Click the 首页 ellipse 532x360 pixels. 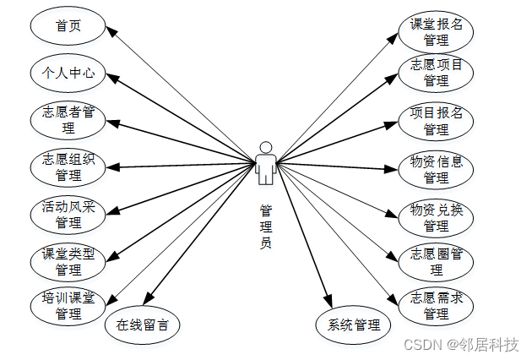click(68, 26)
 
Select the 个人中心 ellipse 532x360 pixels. click(68, 74)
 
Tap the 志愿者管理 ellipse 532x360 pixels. click(68, 120)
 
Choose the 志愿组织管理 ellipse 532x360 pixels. click(68, 167)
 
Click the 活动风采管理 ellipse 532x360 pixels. click(68, 215)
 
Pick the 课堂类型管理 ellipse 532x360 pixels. click(68, 261)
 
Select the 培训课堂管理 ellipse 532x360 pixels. click(68, 307)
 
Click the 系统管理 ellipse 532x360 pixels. click(354, 325)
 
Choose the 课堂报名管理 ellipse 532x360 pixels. click(436, 32)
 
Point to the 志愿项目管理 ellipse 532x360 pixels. click(436, 73)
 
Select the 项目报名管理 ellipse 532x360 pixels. click(436, 121)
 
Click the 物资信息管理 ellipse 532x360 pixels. click(436, 169)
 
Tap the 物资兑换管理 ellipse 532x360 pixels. click(436, 216)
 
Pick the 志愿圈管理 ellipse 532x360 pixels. click(436, 261)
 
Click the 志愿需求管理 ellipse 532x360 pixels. click(436, 306)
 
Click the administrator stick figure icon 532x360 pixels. click(266, 162)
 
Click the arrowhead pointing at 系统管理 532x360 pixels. click(328, 297)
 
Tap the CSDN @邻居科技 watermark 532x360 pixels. click(461, 345)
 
